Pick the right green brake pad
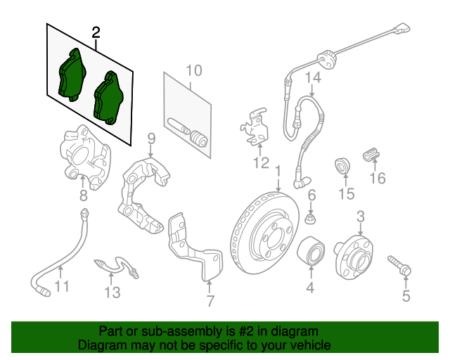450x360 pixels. tap(108, 98)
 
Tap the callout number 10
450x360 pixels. tap(193, 70)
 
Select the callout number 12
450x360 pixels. tap(262, 164)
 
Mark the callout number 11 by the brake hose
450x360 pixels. tap(62, 286)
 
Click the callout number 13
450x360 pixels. tap(113, 291)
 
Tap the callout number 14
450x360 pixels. tap(312, 79)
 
